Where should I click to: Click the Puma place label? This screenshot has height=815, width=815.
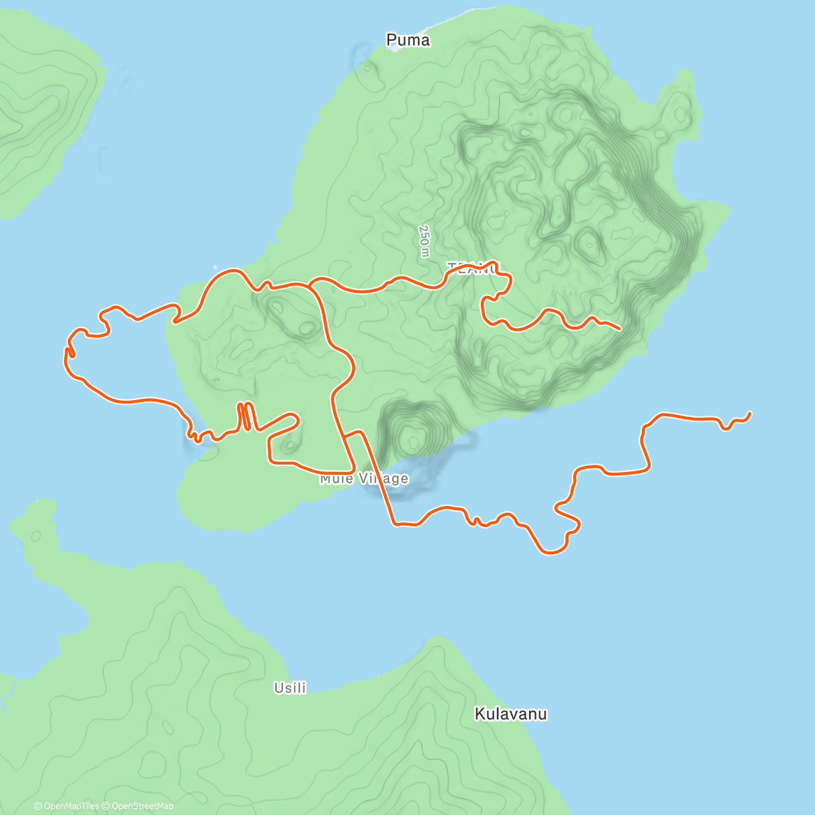point(407,40)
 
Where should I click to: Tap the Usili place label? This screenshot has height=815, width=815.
point(290,688)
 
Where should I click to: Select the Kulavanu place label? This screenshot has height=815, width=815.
point(511,714)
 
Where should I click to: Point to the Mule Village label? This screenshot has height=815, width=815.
point(365,479)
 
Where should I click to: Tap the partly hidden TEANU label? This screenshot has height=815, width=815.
point(472,268)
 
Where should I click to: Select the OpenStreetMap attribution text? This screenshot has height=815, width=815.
point(142,806)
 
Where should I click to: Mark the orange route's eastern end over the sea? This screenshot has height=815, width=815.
point(750,413)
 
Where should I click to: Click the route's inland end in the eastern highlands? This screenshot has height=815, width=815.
point(619,329)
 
